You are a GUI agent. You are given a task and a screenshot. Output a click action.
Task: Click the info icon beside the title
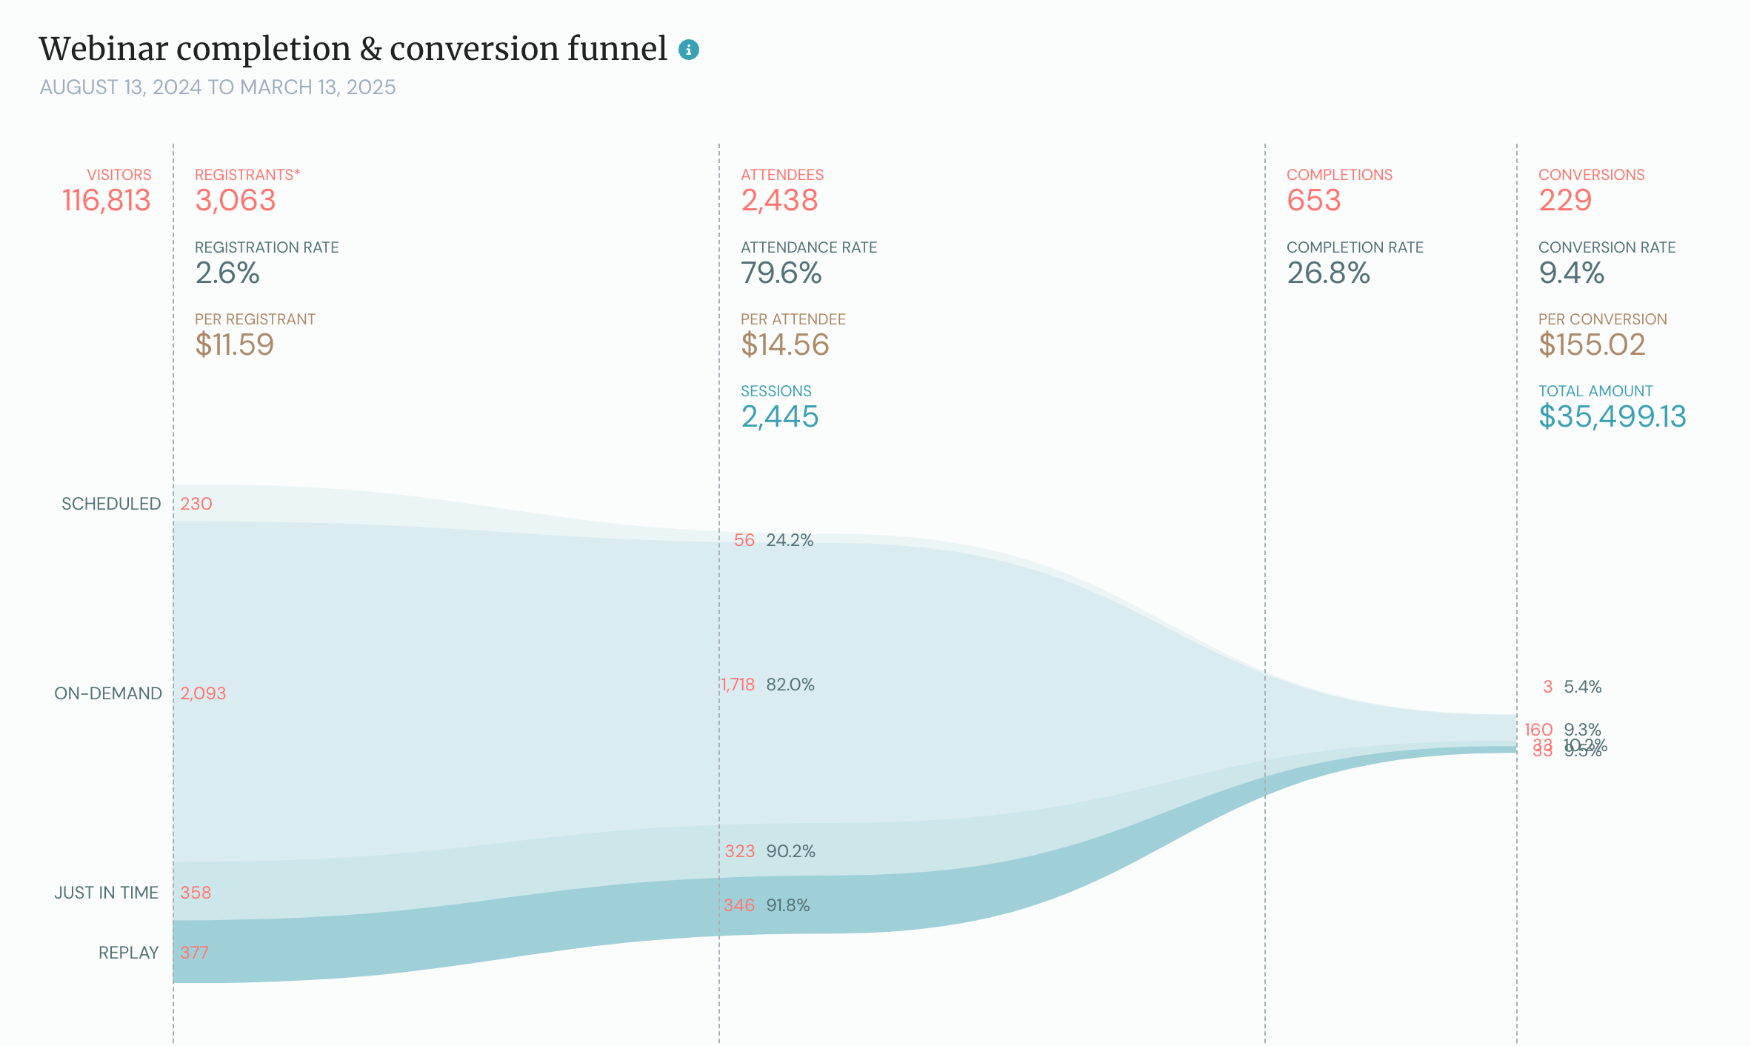(688, 50)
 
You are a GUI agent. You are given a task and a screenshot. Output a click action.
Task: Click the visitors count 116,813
(107, 201)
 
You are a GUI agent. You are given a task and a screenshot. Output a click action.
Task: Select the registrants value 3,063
(236, 201)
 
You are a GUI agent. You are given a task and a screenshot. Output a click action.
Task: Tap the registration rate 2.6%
(227, 273)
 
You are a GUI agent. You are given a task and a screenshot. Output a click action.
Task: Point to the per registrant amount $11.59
(235, 345)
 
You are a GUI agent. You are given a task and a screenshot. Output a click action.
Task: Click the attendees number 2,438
(779, 201)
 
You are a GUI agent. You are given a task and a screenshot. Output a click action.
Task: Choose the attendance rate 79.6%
(781, 273)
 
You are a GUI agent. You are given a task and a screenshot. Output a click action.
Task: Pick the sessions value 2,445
(779, 417)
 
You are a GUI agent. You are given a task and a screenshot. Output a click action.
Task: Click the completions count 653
(1313, 201)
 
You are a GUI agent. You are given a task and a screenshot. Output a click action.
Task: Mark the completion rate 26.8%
(1328, 273)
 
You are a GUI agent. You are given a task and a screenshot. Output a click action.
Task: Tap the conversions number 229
(1564, 201)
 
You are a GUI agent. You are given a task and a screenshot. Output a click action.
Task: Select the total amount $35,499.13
(1612, 417)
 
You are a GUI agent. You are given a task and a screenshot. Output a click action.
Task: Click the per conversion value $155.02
(1592, 345)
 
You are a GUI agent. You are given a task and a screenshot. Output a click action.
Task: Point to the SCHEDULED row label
(111, 504)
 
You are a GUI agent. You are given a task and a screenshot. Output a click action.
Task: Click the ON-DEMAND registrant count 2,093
(203, 693)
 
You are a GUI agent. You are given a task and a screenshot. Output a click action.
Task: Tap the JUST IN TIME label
(107, 893)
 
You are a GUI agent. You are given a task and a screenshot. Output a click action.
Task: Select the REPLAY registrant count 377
(194, 953)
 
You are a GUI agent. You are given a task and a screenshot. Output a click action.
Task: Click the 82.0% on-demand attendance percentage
(790, 684)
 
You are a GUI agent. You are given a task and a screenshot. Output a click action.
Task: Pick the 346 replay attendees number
(738, 905)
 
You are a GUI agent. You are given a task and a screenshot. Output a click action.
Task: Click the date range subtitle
(218, 87)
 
